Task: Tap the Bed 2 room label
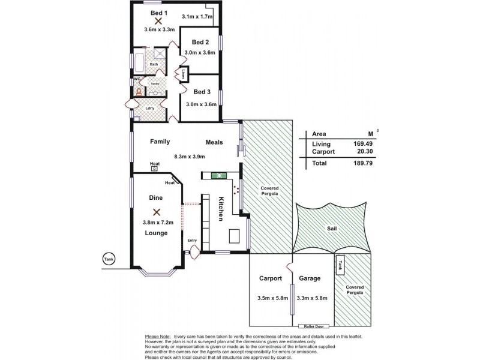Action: click(200, 43)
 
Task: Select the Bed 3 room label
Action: click(202, 92)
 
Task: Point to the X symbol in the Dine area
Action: click(157, 211)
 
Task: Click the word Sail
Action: click(333, 229)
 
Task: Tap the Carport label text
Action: click(271, 278)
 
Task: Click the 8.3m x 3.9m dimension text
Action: click(190, 157)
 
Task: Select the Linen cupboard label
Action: click(182, 75)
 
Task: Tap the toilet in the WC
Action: click(139, 92)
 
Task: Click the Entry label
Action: click(193, 241)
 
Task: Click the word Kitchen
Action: click(221, 209)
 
